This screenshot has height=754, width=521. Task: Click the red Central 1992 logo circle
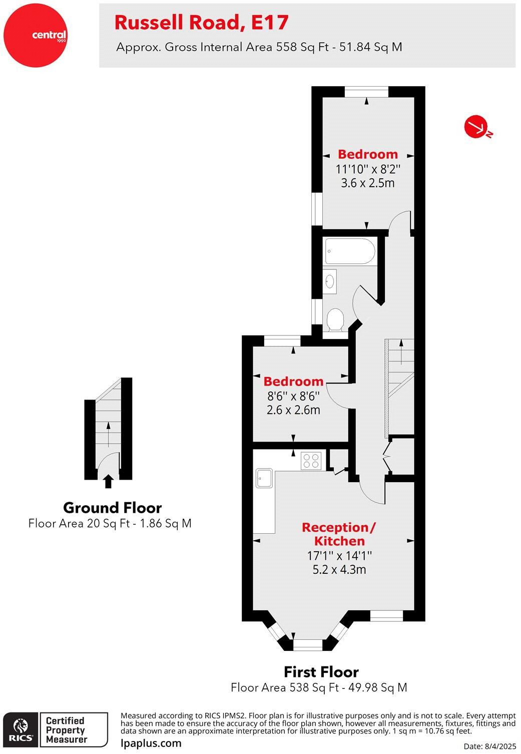point(35,35)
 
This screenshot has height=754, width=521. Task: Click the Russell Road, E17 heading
point(202,23)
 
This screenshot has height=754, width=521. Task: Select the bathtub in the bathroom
point(350,252)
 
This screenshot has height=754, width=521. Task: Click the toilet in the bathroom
point(335,319)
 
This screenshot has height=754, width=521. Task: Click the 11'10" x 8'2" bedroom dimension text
point(368,169)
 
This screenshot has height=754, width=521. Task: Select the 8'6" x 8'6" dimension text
point(293,396)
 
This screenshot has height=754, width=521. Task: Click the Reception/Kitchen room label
point(339,534)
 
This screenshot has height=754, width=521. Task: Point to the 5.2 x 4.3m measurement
point(339,569)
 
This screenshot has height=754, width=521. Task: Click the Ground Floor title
point(112,508)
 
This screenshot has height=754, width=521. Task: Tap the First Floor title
point(321,672)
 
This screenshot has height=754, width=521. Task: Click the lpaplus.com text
point(151,743)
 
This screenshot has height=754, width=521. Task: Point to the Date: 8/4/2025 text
point(489,746)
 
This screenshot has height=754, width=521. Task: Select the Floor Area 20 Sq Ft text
point(110,524)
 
